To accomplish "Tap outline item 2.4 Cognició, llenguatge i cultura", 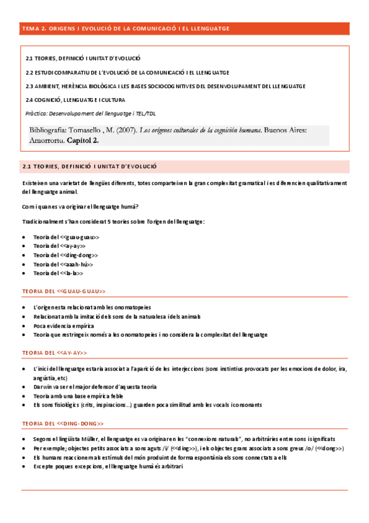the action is click(75, 99).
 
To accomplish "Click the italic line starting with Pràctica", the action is click(91, 113).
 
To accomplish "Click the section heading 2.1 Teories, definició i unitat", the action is click(89, 167).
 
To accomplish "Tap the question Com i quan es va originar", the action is click(79, 206).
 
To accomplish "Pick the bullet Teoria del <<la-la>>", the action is click(58, 273).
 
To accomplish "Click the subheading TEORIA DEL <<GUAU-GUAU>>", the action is click(63, 291).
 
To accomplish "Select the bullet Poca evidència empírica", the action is click(64, 326).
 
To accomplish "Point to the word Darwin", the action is click(43, 387).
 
